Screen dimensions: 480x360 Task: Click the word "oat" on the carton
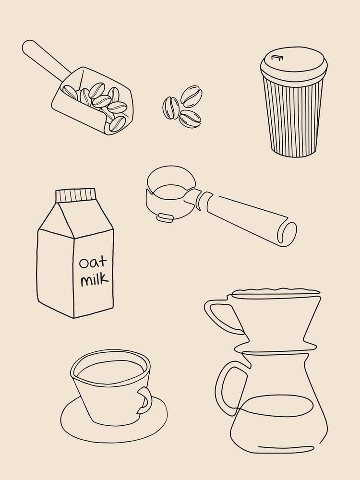pos(93,263)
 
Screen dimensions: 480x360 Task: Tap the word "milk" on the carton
pos(94,279)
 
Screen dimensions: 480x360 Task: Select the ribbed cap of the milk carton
pos(76,195)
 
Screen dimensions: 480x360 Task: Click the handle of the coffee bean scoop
pos(44,59)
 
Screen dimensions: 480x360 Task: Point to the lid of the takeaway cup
pos(294,66)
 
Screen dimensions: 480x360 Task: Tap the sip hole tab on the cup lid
pos(276,58)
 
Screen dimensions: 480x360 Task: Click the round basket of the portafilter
pos(170,185)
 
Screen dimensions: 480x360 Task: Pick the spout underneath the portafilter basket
pos(164,217)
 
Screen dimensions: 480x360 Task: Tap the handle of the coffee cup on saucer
pos(144,399)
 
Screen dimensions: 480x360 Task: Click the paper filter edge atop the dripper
pos(276,291)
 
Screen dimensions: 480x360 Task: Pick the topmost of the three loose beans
pos(192,96)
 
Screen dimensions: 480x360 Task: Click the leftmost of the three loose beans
pos(170,108)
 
